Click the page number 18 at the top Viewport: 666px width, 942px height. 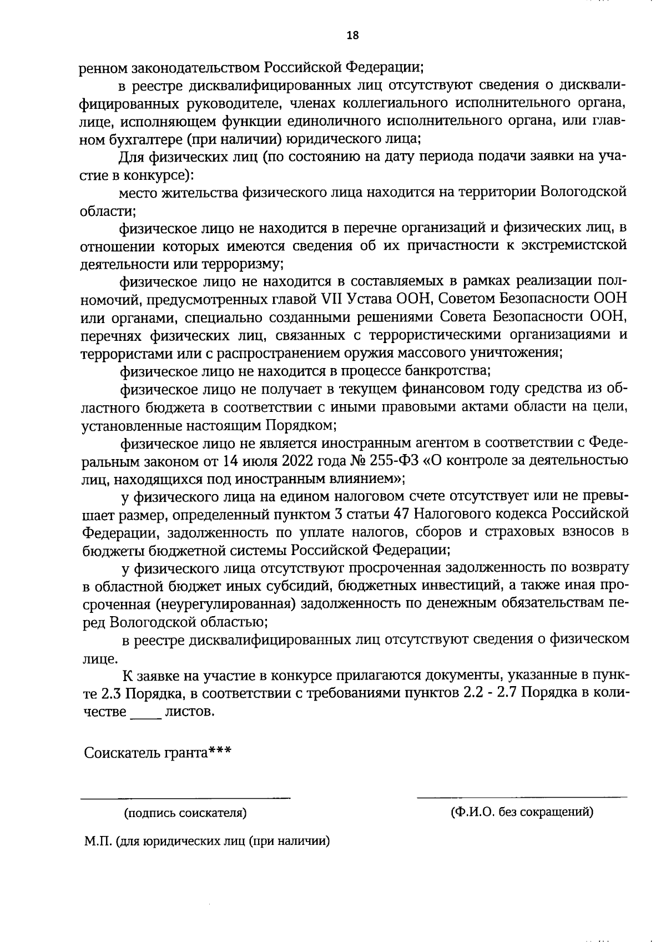[x=352, y=36]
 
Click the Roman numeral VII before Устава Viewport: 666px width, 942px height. [x=332, y=299]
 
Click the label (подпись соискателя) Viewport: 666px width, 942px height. [x=185, y=813]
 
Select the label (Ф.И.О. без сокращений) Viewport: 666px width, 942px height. [x=522, y=812]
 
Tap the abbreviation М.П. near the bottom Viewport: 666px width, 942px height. [x=98, y=841]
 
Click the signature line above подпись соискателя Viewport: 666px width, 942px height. [x=185, y=798]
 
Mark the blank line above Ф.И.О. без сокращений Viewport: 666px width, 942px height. [x=522, y=797]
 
